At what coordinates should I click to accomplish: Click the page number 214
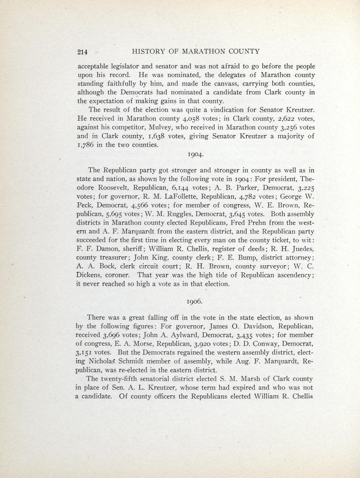[x=82, y=52]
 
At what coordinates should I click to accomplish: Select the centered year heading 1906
[x=195, y=301]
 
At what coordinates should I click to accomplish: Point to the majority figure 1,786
[x=85, y=145]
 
